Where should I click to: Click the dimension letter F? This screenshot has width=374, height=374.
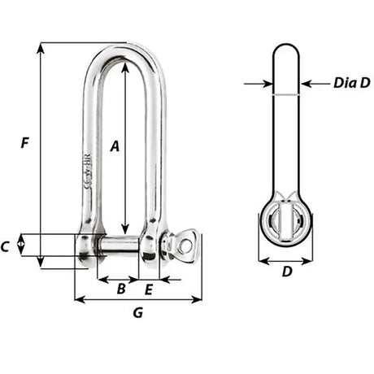pyautogui.click(x=25, y=144)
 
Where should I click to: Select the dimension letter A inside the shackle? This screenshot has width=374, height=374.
pyautogui.click(x=115, y=146)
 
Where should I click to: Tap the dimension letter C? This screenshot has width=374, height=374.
pyautogui.click(x=7, y=246)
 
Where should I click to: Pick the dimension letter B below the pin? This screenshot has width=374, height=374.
pyautogui.click(x=120, y=288)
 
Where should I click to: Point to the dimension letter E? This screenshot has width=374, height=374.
pyautogui.click(x=149, y=288)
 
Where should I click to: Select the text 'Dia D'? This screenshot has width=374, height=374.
pyautogui.click(x=352, y=82)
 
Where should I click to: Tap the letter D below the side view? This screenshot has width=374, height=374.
pyautogui.click(x=286, y=272)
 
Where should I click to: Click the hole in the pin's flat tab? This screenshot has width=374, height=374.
pyautogui.click(x=186, y=243)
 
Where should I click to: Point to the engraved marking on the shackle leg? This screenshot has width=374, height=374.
pyautogui.click(x=88, y=175)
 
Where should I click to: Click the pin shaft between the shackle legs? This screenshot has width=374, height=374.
pyautogui.click(x=120, y=244)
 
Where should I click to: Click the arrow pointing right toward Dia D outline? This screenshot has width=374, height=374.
pyautogui.click(x=266, y=83)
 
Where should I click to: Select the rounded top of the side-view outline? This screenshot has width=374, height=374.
pyautogui.click(x=286, y=46)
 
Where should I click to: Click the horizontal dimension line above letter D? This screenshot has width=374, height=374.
pyautogui.click(x=285, y=262)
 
